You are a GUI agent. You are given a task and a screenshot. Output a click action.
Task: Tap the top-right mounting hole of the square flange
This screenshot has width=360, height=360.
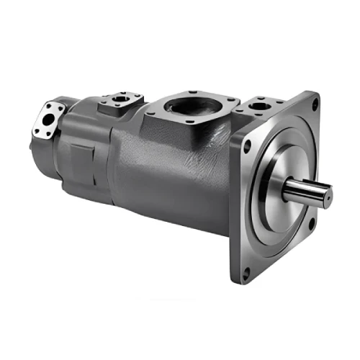(315, 106)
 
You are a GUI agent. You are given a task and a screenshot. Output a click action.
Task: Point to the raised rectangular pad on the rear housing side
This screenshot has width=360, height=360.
(84, 158)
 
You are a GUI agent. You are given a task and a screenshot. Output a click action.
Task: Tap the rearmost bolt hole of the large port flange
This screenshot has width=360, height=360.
(194, 92)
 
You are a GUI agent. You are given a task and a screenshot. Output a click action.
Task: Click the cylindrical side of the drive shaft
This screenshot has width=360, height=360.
(302, 191)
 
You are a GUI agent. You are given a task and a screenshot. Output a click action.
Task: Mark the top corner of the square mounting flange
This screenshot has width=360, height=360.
(317, 92)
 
